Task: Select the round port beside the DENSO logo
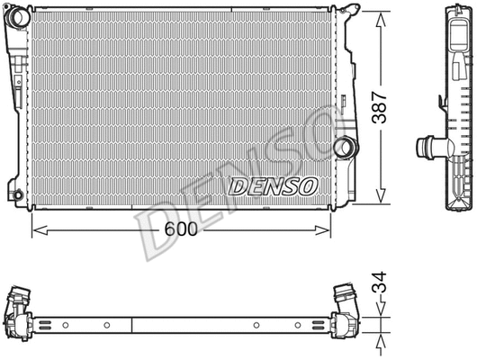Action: tap(343, 146)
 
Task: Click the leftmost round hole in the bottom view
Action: tap(66, 324)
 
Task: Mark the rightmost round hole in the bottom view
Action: tap(298, 324)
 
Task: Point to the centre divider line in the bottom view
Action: tap(133, 324)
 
